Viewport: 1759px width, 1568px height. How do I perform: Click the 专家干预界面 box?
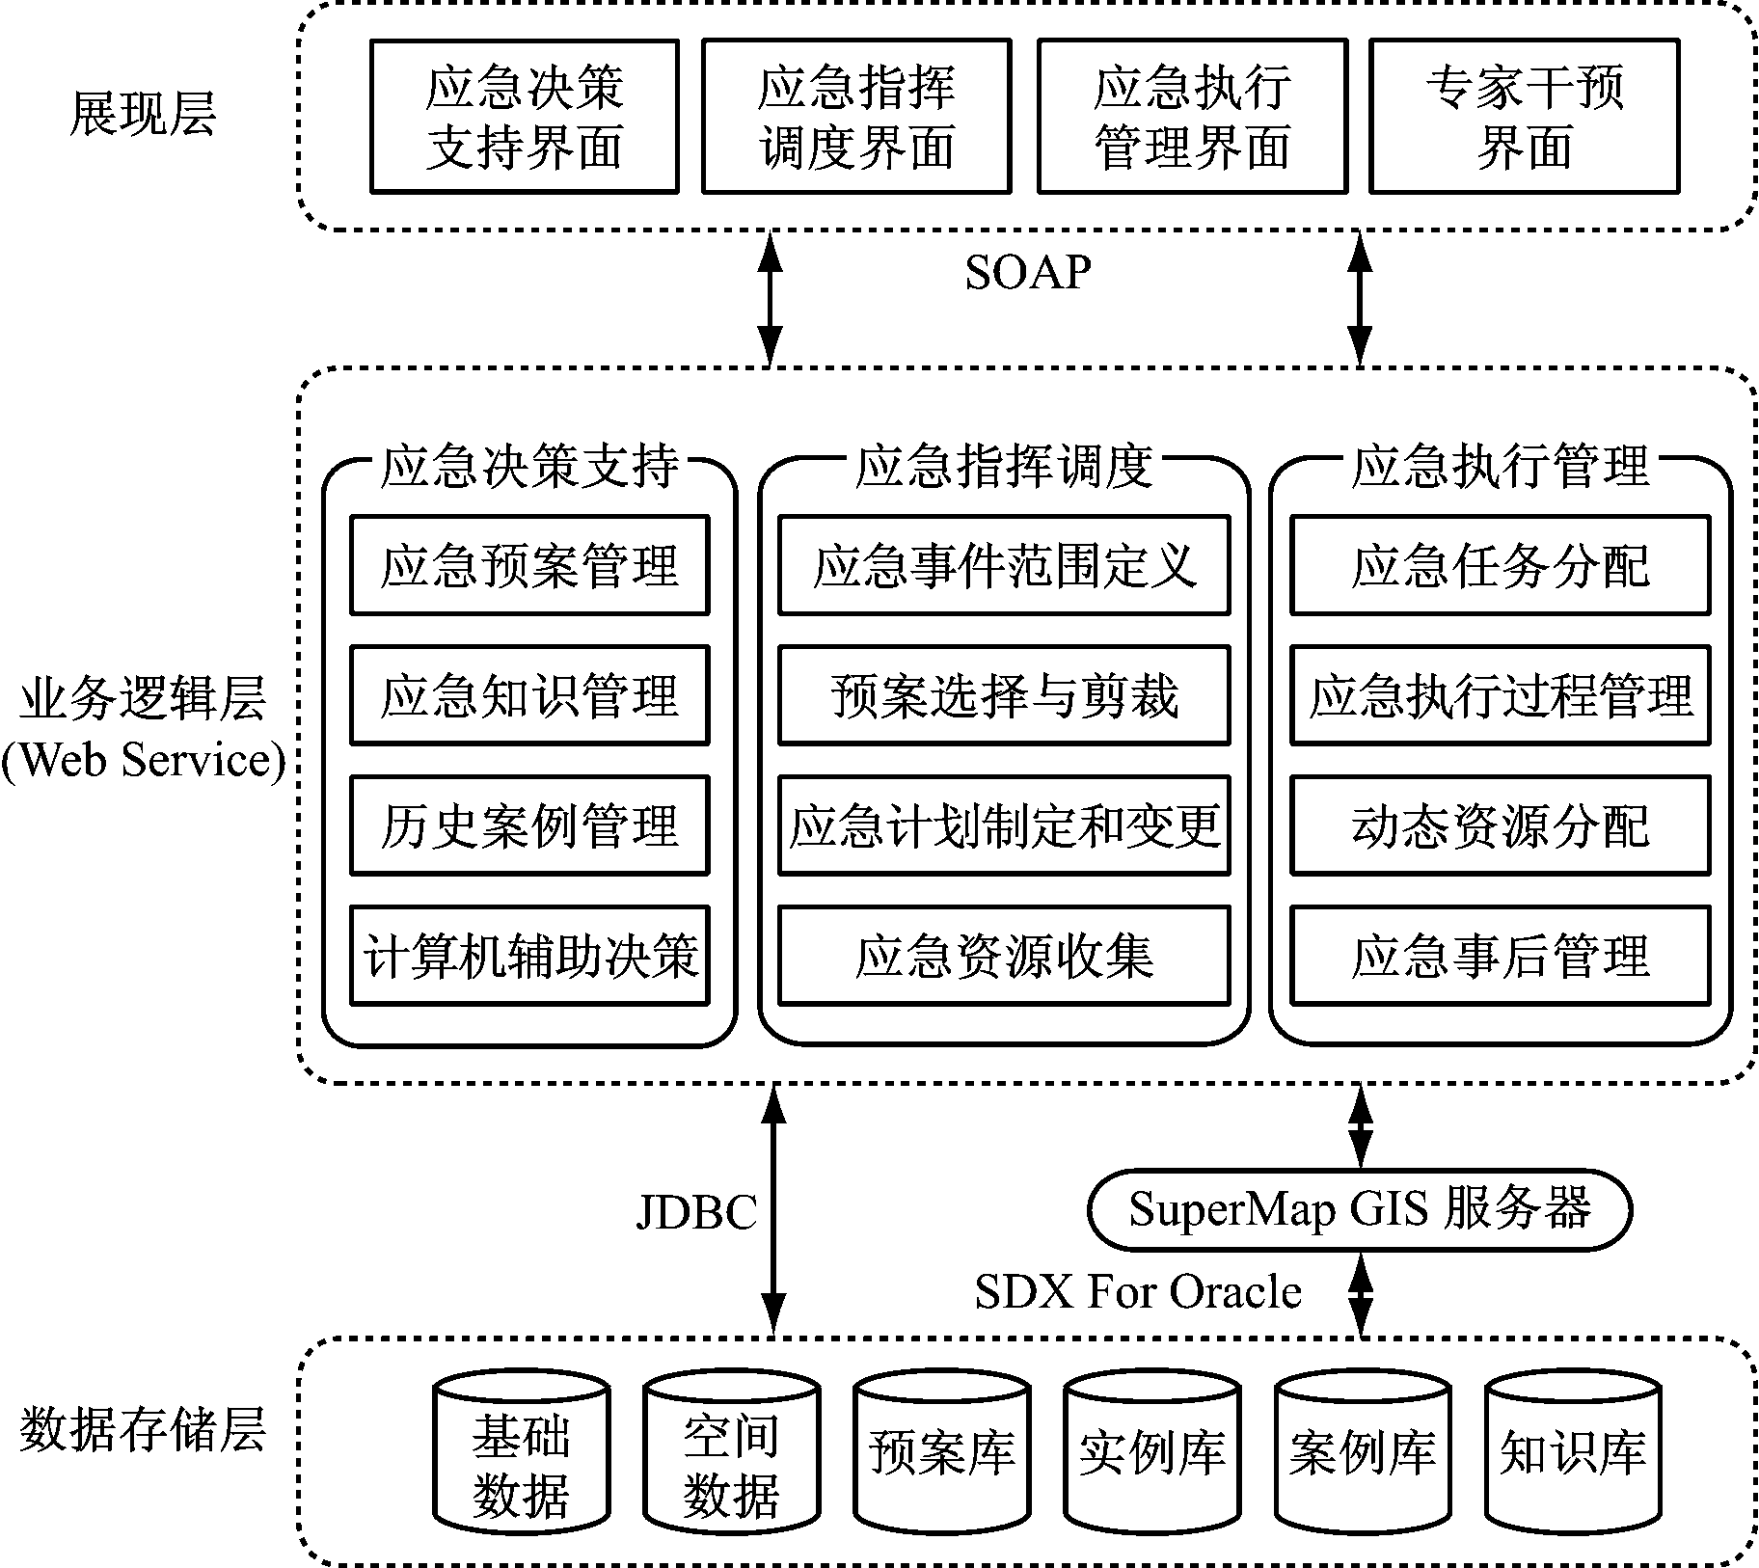pyautogui.click(x=1524, y=116)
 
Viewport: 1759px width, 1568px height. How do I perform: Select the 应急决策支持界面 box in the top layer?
pyautogui.click(x=525, y=116)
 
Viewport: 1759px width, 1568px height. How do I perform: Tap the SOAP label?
pyautogui.click(x=1028, y=272)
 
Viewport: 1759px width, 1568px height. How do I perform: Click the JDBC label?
pyautogui.click(x=696, y=1211)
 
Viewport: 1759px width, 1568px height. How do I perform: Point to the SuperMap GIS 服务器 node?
pyautogui.click(x=1359, y=1209)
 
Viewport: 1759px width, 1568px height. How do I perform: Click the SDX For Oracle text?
pyautogui.click(x=1138, y=1291)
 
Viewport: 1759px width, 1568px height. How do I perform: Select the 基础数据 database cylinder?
pyautogui.click(x=522, y=1455)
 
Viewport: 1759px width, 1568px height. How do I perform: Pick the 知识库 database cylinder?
pyautogui.click(x=1573, y=1455)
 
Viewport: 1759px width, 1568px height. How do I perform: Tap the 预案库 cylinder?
pyautogui.click(x=942, y=1455)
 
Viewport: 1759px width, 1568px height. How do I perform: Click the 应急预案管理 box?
pyautogui.click(x=529, y=565)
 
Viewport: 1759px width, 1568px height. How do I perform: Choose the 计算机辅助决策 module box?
pyautogui.click(x=529, y=956)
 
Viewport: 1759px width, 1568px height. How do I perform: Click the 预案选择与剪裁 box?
pyautogui.click(x=1004, y=695)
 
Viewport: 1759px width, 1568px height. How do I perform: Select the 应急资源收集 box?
pyautogui.click(x=1004, y=956)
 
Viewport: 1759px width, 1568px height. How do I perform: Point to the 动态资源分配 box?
pyautogui.click(x=1500, y=825)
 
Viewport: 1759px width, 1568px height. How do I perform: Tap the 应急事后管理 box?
pyautogui.click(x=1500, y=956)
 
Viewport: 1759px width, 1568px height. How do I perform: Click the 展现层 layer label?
pyautogui.click(x=143, y=114)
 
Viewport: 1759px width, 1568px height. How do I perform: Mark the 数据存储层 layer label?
pyautogui.click(x=143, y=1429)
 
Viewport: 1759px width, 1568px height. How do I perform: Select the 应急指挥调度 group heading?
pyautogui.click(x=1004, y=467)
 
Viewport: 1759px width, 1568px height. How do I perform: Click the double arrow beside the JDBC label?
pyautogui.click(x=773, y=1210)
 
